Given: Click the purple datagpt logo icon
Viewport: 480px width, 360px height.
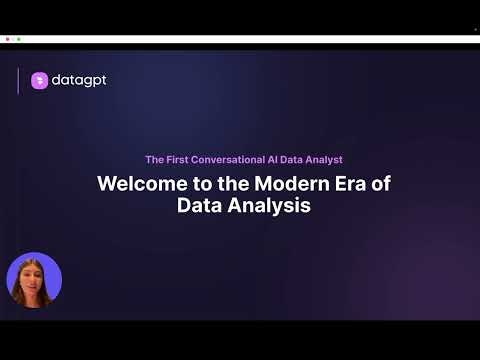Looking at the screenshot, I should point(39,81).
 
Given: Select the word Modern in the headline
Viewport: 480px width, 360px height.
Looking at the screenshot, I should point(283,185).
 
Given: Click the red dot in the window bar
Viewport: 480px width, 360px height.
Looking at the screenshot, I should point(8,38).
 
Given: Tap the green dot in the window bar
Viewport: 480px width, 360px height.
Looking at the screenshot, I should point(19,38).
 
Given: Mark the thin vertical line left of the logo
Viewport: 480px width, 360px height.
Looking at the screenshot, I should point(18,81).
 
